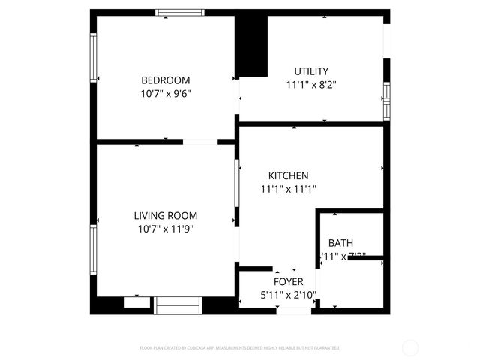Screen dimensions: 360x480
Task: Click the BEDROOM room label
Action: point(166,80)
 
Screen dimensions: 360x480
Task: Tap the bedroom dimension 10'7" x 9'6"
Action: point(166,94)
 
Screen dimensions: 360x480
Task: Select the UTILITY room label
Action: point(310,70)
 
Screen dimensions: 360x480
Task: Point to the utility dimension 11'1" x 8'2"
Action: point(310,85)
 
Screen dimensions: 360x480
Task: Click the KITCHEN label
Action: point(289,175)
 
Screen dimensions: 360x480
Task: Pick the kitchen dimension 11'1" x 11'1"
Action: point(289,190)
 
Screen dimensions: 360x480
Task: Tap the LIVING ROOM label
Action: point(166,215)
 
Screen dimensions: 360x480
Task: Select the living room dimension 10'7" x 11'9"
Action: point(166,229)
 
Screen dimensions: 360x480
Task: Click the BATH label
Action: point(340,243)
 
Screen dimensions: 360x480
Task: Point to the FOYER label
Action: point(288,281)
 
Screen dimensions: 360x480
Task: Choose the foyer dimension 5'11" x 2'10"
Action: point(288,295)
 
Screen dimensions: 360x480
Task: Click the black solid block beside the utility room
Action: point(252,45)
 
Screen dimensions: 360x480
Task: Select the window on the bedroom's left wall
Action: point(94,57)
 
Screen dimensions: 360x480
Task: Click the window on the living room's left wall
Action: point(94,250)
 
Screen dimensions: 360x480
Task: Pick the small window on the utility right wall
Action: point(386,101)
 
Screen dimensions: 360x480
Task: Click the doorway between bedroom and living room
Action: point(200,142)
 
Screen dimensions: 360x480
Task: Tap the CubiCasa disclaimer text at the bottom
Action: point(240,348)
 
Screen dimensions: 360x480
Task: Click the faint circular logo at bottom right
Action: point(410,347)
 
